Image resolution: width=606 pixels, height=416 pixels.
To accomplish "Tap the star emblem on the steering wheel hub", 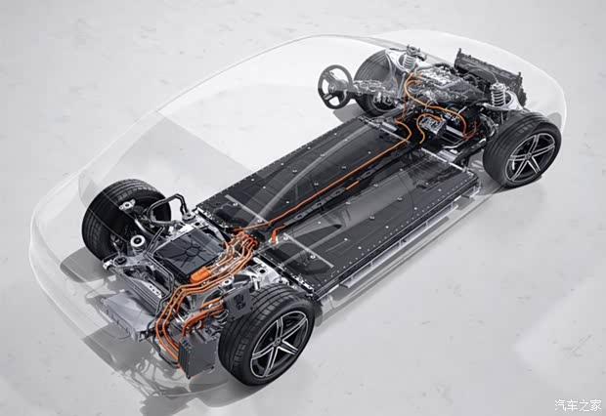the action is (333, 88).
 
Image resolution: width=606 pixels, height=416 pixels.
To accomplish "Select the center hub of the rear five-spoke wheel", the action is (279, 344).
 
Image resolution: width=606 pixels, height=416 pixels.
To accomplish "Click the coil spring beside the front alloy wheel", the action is (498, 96).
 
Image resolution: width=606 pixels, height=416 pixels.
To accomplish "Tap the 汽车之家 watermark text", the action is (578, 405).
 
